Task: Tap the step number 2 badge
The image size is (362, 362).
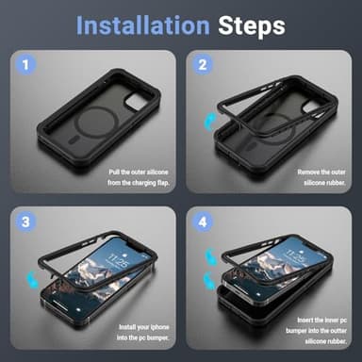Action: point(201,66)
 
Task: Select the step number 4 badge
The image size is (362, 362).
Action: point(201,222)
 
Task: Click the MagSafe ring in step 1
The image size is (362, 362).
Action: point(103,113)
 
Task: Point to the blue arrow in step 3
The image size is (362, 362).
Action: point(35,271)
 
